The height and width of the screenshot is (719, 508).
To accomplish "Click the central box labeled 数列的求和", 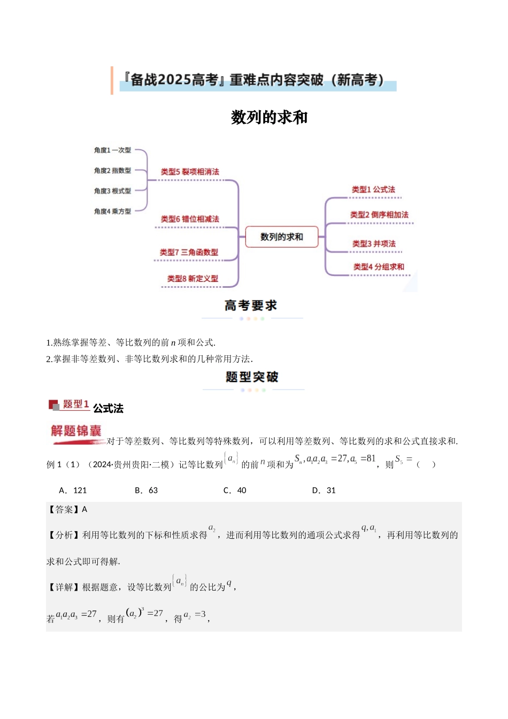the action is [281, 237].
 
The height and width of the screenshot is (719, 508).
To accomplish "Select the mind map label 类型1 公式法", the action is [373, 189].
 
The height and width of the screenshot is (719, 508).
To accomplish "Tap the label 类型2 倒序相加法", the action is [379, 215].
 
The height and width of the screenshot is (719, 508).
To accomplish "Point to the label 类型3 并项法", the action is [374, 243].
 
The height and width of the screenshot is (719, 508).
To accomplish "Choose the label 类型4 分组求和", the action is [379, 266].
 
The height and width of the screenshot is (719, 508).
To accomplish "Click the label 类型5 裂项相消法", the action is [190, 172].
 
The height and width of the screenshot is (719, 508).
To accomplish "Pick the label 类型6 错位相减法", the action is [190, 219].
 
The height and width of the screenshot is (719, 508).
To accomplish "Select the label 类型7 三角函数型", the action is [189, 252].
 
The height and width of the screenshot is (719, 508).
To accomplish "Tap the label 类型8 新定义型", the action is [193, 278].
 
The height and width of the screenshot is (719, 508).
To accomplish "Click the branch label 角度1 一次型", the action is [112, 150].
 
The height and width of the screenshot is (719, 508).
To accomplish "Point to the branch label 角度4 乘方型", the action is [112, 211].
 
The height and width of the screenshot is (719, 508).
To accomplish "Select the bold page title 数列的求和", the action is [269, 117].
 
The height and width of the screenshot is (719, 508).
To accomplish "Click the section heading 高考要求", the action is [251, 305].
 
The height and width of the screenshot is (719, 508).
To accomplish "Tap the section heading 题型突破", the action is [252, 377].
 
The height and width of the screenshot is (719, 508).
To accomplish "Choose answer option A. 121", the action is [73, 490].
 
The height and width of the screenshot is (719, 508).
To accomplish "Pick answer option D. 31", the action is [324, 490].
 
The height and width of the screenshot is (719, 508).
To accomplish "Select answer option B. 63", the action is [147, 490].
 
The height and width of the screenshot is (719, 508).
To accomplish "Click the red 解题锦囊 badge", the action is [76, 431].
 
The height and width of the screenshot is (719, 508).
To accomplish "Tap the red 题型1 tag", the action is [75, 404].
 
